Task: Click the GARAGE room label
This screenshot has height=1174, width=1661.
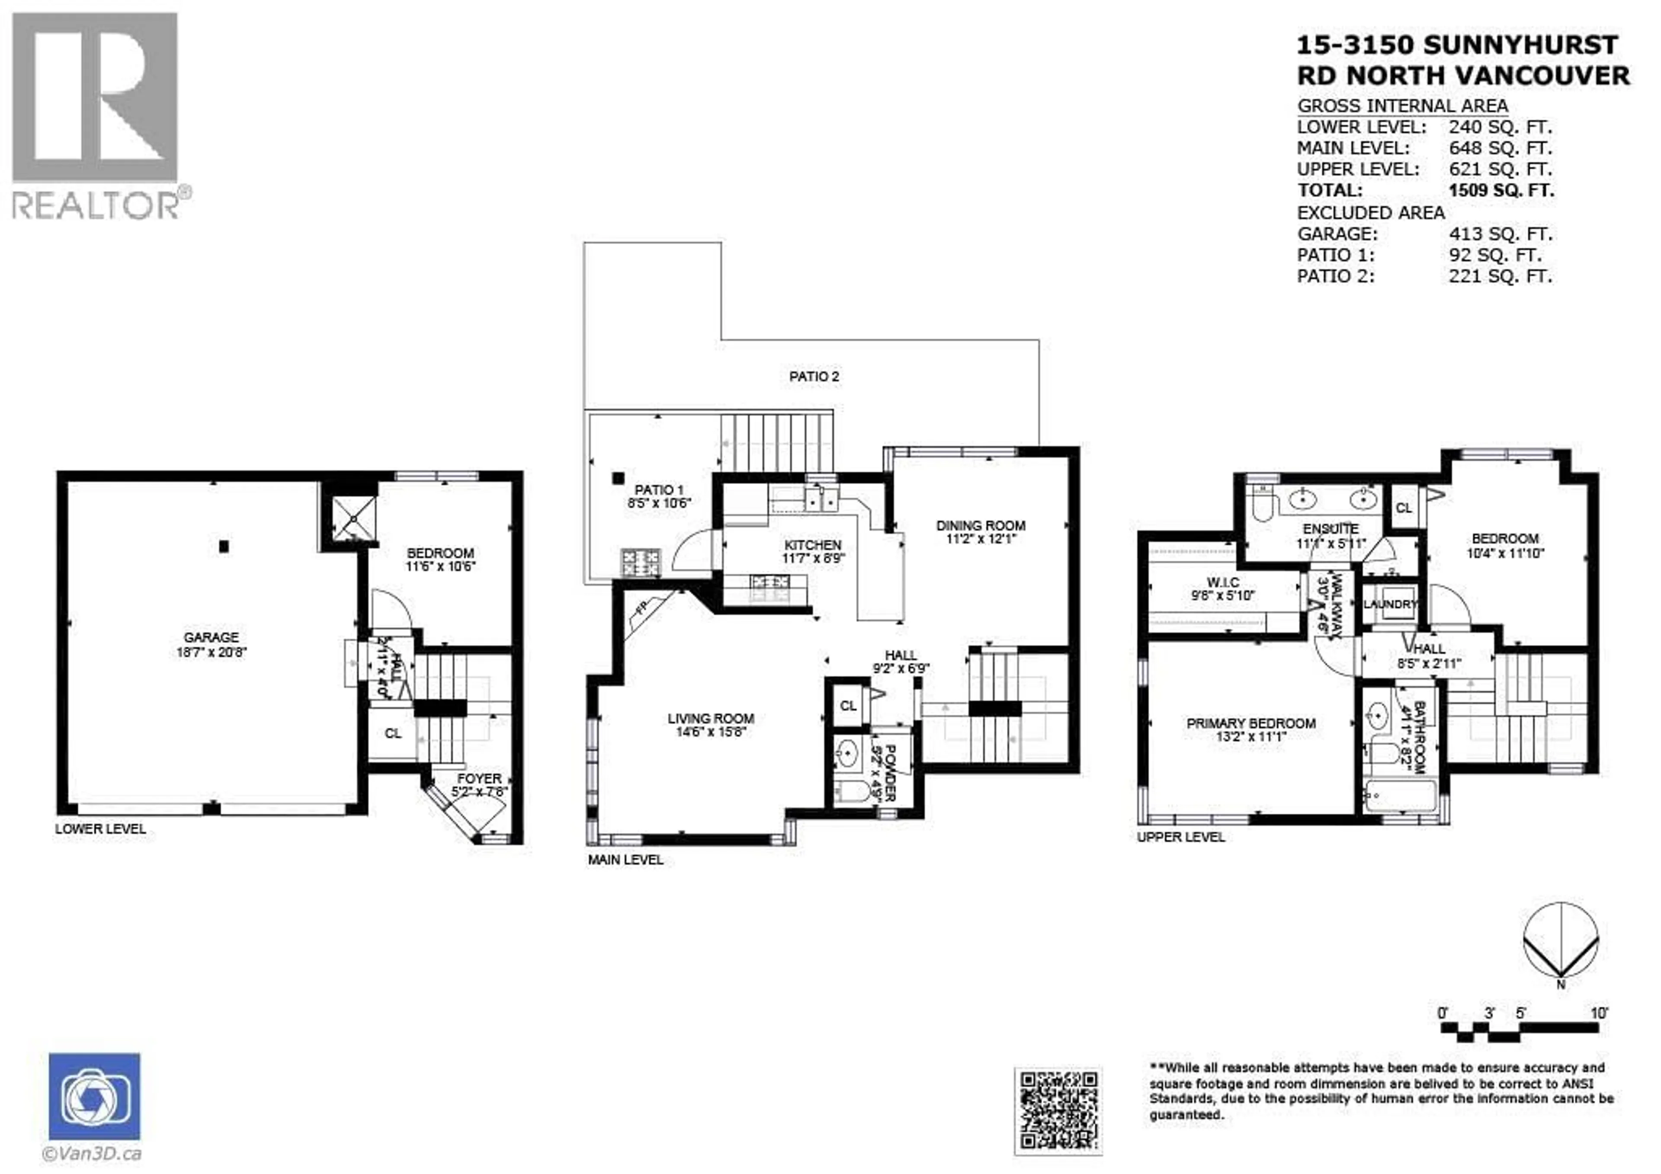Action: [x=211, y=637]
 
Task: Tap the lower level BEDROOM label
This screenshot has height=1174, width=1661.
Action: [x=440, y=553]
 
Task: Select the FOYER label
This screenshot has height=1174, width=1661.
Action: [x=479, y=779]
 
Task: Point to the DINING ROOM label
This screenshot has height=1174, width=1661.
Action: [x=980, y=526]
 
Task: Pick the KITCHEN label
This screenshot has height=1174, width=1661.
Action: [x=812, y=545]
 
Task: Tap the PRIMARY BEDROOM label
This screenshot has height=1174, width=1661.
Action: [x=1251, y=723]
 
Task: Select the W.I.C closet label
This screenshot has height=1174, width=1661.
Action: [x=1222, y=582]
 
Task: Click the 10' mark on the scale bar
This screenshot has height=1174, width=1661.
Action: [x=1599, y=1014]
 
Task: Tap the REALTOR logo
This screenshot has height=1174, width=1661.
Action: [x=96, y=116]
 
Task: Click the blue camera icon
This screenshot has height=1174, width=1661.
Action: [x=95, y=1097]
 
